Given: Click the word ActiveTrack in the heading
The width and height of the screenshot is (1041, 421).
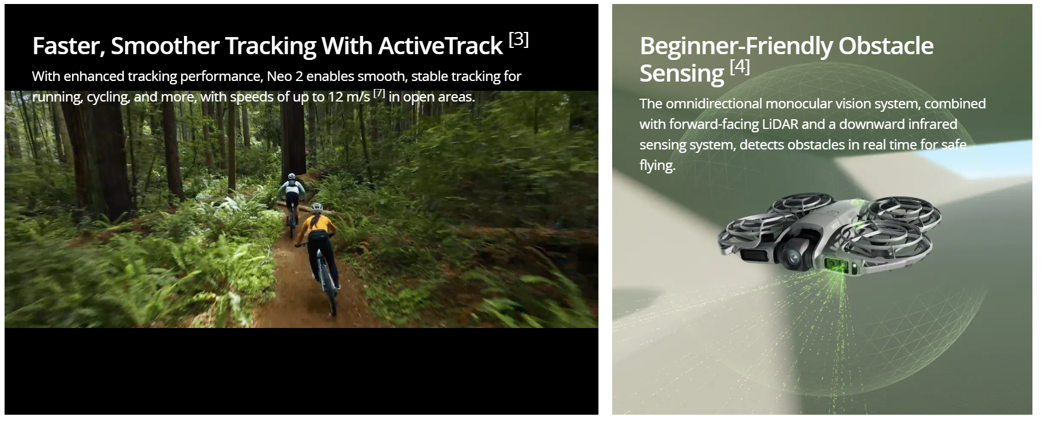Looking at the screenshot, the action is [x=440, y=46].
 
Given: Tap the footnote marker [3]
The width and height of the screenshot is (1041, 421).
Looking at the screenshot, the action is [x=519, y=39].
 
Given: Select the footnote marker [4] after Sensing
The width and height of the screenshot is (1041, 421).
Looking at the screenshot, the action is [x=740, y=66].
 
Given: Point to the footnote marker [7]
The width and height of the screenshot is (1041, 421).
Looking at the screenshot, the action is [x=379, y=93].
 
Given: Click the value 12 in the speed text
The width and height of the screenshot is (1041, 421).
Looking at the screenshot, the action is [x=335, y=97].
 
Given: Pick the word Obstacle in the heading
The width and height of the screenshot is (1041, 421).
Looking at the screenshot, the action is [x=886, y=46].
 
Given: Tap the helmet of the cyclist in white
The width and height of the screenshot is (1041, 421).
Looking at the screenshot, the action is [x=292, y=177].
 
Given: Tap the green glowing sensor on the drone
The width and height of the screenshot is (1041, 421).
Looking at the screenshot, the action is [x=836, y=265].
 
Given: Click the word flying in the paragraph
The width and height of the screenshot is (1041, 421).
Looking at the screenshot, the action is [x=657, y=166].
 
